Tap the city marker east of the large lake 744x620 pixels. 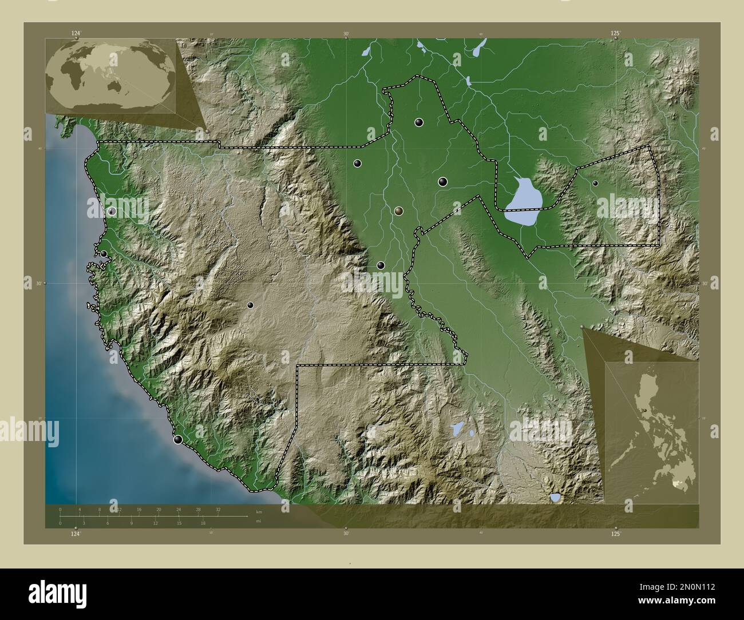click(x=595, y=183)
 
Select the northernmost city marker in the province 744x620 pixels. click(x=419, y=122)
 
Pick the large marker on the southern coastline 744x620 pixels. click(x=179, y=440)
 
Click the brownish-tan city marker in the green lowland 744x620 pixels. click(x=398, y=211)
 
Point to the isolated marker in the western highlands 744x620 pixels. click(x=250, y=305)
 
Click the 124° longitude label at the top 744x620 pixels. click(x=76, y=34)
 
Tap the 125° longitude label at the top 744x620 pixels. click(x=615, y=34)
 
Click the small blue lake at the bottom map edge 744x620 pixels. click(x=555, y=498)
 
